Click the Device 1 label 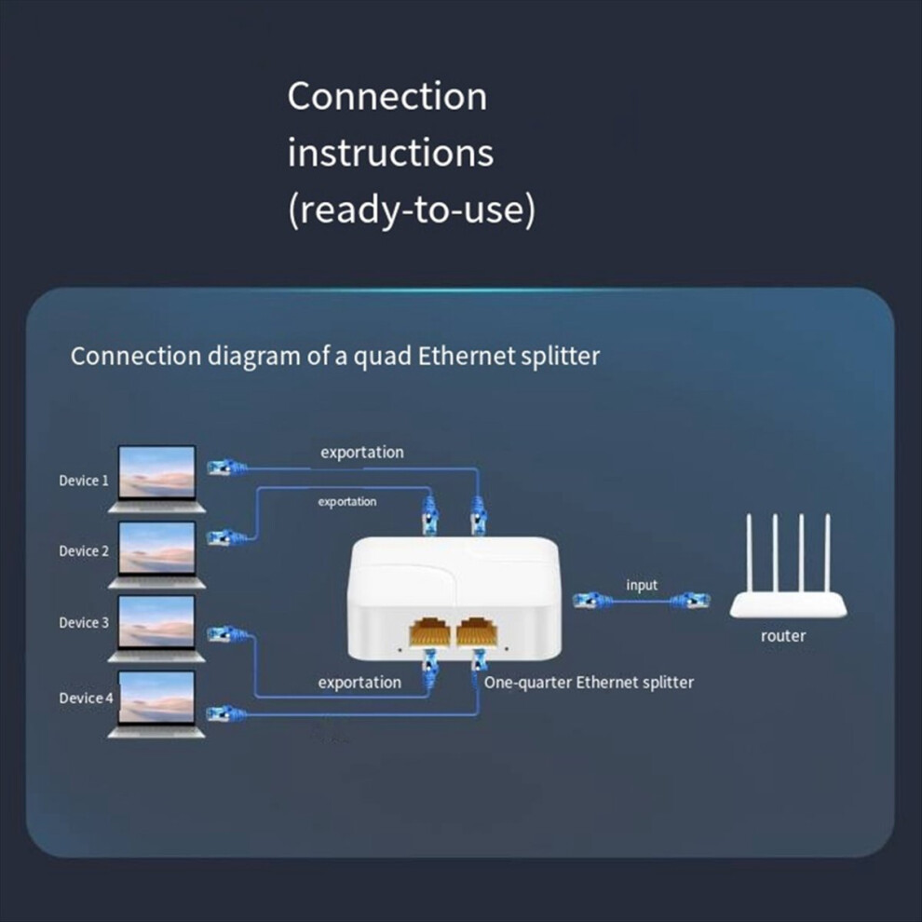coord(84,481)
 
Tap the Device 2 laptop coord(156,553)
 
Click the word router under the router coord(783,636)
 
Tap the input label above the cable coord(642,585)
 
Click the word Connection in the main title coord(386,97)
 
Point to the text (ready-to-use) coord(411,210)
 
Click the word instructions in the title coord(390,153)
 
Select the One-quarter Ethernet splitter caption coord(589,683)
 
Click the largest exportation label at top coord(362,453)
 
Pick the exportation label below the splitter coord(359,683)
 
